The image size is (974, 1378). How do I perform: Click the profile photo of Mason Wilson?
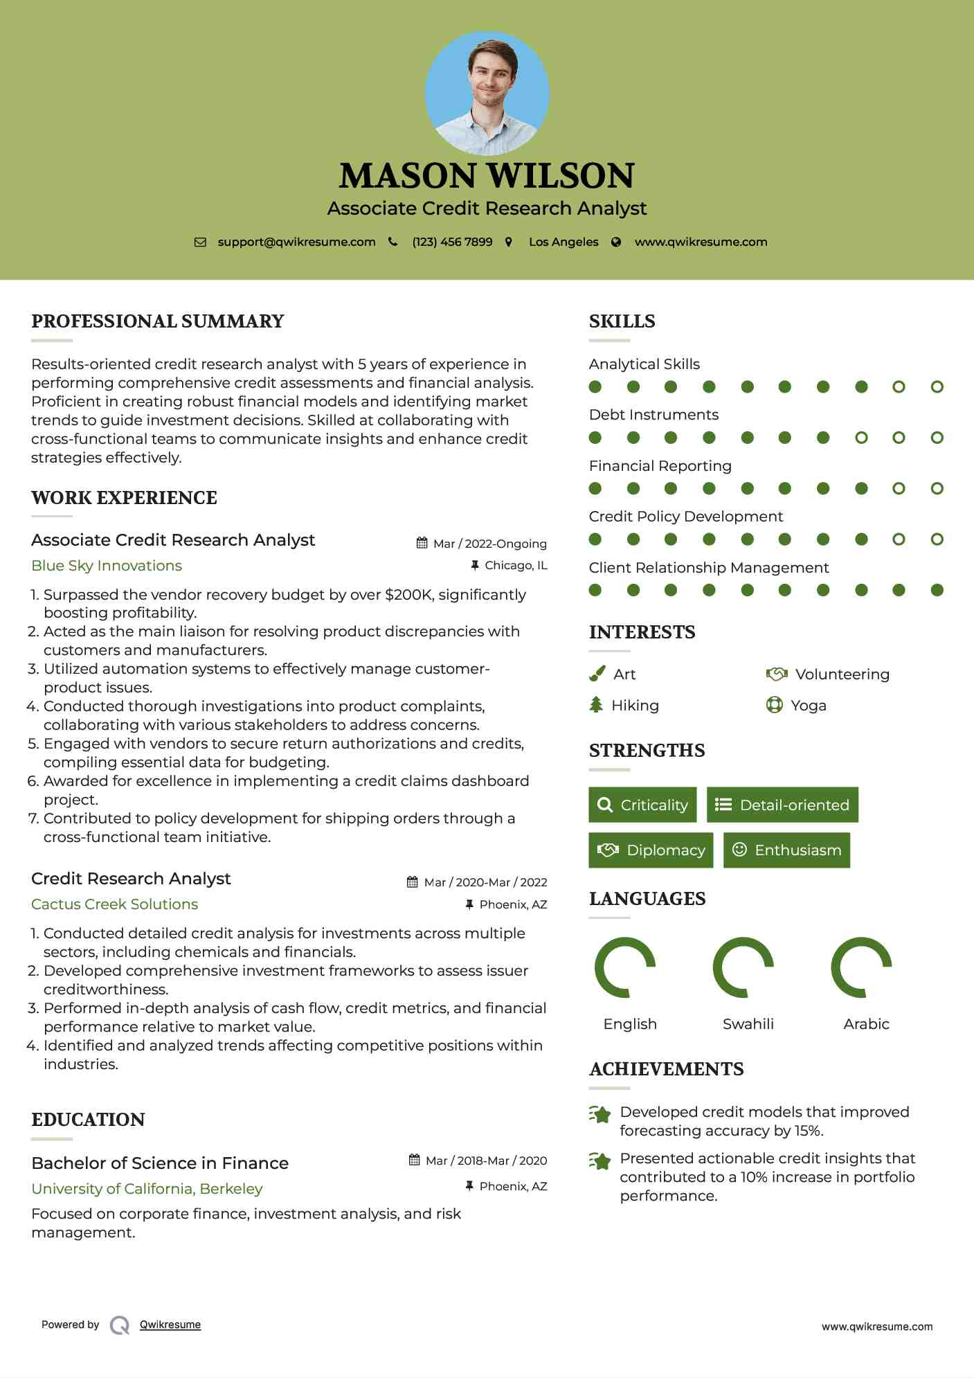click(487, 93)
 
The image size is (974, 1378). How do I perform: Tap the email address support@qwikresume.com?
click(296, 242)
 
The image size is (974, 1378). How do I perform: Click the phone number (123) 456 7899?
click(452, 242)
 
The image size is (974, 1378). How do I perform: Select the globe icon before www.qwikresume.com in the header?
click(616, 242)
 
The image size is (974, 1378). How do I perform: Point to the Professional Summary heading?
click(158, 321)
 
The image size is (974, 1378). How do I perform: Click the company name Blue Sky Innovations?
click(107, 566)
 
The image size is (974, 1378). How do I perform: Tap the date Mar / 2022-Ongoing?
click(489, 544)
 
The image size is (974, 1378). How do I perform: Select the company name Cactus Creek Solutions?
click(114, 904)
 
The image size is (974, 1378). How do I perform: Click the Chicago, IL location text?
click(516, 566)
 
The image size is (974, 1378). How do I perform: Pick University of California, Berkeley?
click(147, 1189)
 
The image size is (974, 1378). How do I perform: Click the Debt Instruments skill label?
click(653, 415)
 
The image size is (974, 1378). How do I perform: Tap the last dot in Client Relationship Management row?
click(937, 590)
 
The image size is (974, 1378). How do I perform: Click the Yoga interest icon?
click(775, 706)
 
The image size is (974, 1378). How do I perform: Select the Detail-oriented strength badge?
click(782, 805)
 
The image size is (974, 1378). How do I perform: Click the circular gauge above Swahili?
click(743, 967)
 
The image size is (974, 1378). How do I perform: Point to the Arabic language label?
click(866, 1024)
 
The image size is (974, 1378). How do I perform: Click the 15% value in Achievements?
click(807, 1131)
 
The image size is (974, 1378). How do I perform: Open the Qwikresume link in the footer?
click(170, 1325)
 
